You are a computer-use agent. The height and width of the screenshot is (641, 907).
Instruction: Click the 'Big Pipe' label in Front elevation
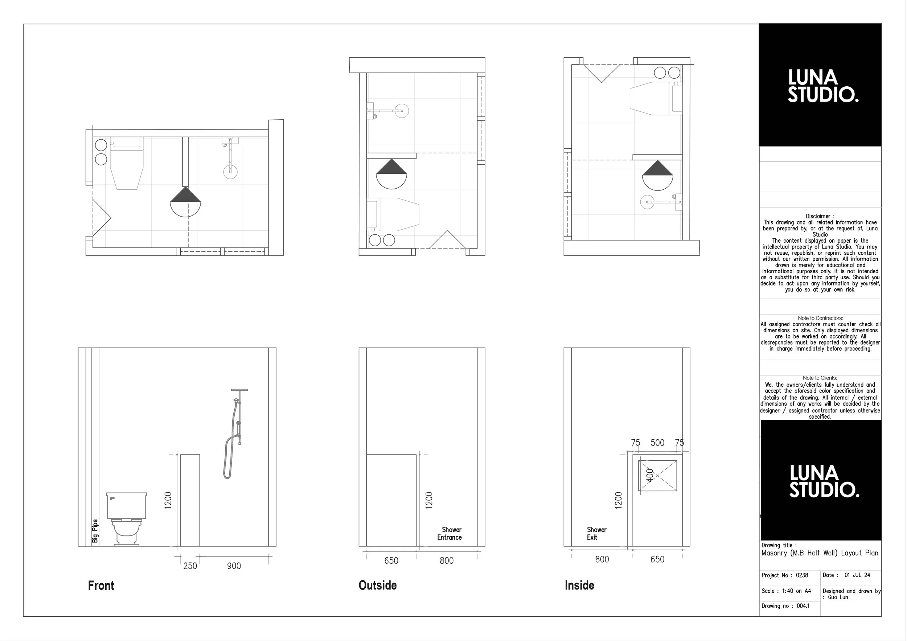tap(95, 531)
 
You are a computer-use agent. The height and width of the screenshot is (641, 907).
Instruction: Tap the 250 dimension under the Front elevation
tap(190, 566)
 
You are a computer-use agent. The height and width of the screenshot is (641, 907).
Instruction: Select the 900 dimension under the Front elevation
tap(234, 566)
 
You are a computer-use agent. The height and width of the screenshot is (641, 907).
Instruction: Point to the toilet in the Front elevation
tap(126, 518)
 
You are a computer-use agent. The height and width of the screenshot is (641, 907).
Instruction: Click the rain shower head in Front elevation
tap(239, 390)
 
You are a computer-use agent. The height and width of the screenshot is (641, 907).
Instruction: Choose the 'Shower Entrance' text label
tap(450, 533)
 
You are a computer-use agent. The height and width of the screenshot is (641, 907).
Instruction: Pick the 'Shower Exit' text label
tap(596, 533)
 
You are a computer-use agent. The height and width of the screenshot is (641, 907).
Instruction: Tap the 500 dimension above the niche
tap(657, 443)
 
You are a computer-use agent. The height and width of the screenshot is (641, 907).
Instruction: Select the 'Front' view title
tap(101, 585)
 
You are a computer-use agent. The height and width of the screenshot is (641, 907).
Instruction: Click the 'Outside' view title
tap(377, 585)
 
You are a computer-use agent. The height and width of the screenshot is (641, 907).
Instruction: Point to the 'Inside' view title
tap(579, 585)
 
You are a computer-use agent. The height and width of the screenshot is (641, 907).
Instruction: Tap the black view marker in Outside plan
tap(391, 174)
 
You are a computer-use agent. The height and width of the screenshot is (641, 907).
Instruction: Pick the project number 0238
tap(802, 575)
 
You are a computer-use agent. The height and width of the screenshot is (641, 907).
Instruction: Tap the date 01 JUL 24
tap(857, 575)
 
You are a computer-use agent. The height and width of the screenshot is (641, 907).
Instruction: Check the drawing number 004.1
tap(803, 606)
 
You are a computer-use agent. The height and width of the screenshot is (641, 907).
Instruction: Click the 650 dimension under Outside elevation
tap(391, 560)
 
